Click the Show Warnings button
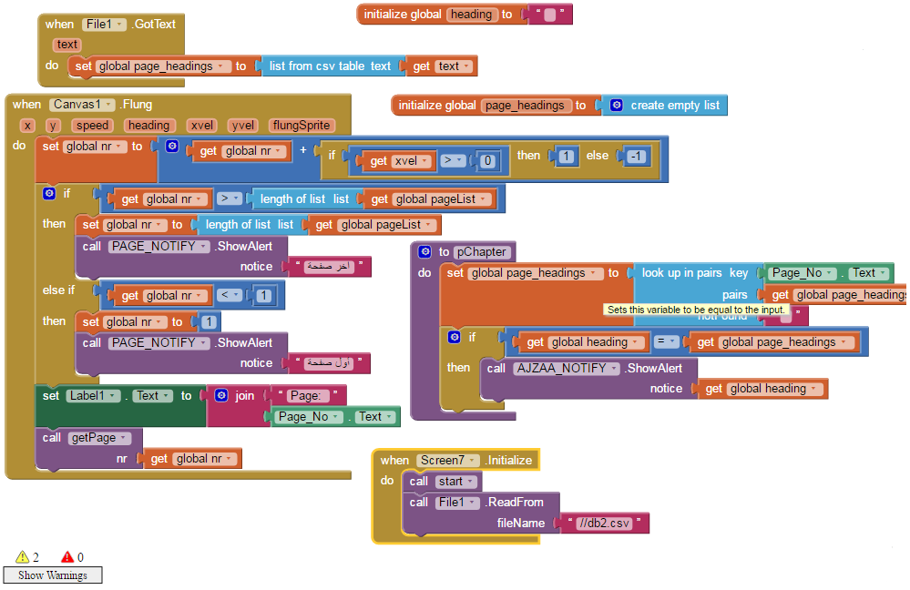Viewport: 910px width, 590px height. [x=52, y=575]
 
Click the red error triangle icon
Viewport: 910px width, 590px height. [x=67, y=557]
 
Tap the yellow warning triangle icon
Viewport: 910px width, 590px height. [x=22, y=557]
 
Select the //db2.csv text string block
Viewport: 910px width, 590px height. [x=606, y=524]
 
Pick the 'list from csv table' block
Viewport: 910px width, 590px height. [x=329, y=66]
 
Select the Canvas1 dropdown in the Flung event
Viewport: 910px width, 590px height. [x=83, y=105]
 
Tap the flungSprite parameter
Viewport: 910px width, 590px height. [x=302, y=126]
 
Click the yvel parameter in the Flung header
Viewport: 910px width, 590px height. [x=243, y=126]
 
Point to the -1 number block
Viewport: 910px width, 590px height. [x=636, y=157]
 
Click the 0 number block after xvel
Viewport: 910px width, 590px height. [x=488, y=161]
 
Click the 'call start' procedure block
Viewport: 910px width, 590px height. [x=444, y=482]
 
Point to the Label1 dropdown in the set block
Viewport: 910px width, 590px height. [x=95, y=396]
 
